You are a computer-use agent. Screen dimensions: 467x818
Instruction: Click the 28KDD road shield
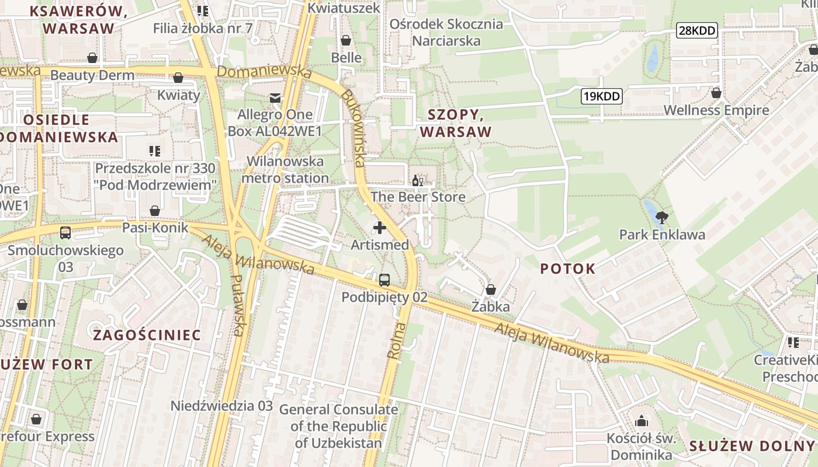point(697,31)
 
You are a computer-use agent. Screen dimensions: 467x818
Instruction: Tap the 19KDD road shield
point(601,96)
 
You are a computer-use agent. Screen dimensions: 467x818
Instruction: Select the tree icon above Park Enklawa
point(661,218)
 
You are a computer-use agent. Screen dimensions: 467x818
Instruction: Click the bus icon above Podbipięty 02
point(384,280)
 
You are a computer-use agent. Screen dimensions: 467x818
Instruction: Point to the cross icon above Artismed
point(379,228)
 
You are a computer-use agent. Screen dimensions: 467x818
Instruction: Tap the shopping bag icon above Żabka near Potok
point(490,290)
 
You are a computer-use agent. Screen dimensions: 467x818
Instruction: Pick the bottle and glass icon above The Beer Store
point(418,180)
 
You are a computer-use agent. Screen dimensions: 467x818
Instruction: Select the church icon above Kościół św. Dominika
point(642,420)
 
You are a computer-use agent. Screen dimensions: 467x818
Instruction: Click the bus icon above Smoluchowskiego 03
point(65,233)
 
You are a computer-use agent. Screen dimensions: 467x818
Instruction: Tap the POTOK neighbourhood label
point(567,269)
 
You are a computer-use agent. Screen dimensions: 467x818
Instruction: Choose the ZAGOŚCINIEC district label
point(147,335)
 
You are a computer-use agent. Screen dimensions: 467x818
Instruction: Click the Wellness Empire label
point(716,110)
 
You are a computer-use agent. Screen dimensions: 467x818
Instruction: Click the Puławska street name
point(237,305)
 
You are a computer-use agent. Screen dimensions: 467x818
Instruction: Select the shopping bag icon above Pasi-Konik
point(155,211)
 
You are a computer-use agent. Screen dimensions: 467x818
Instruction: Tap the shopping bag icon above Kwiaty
point(178,78)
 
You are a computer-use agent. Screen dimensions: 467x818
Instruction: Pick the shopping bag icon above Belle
point(346,40)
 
